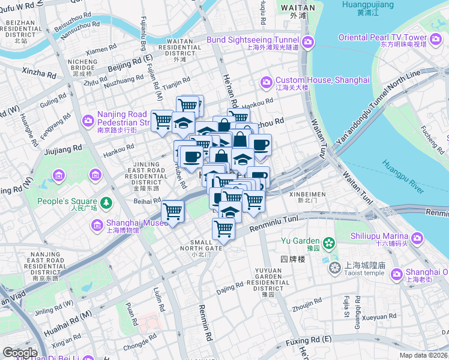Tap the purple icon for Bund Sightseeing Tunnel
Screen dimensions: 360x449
(x=308, y=41)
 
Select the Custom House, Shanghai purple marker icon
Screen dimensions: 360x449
(x=266, y=82)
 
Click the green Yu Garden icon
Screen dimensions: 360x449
(x=328, y=243)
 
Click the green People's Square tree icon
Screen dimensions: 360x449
(x=106, y=202)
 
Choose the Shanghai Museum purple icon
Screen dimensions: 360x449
(x=95, y=225)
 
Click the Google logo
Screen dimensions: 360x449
(x=20, y=353)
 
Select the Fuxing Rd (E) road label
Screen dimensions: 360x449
(x=309, y=340)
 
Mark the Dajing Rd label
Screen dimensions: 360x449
(x=230, y=287)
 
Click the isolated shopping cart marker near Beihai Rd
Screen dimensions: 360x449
(x=173, y=211)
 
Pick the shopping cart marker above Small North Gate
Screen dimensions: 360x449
(x=223, y=228)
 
